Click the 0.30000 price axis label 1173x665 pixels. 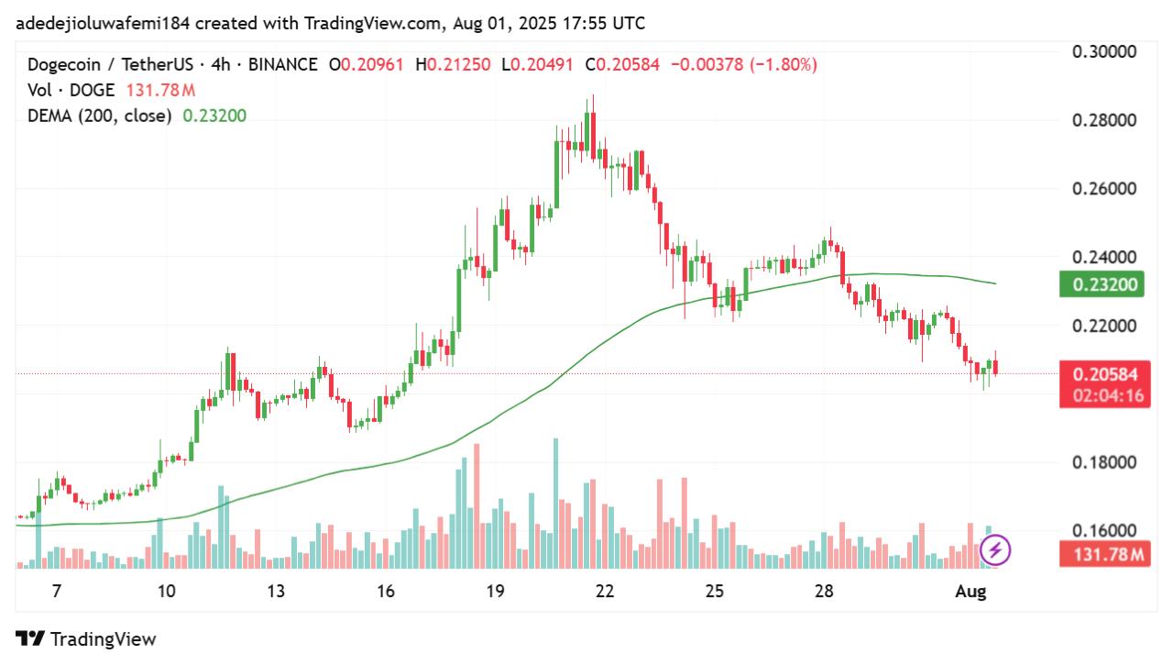coord(1104,51)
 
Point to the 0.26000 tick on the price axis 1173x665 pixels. coord(1104,189)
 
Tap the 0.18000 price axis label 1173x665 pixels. coord(1104,462)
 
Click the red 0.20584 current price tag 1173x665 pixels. coord(1104,374)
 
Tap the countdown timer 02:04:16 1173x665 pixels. coord(1104,396)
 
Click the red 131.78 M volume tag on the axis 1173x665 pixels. coord(1104,554)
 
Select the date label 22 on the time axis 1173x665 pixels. coord(605,592)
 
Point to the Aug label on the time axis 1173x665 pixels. coord(970,592)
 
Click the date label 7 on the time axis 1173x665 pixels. coord(57,592)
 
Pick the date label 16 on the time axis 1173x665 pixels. coord(386,592)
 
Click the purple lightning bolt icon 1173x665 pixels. coord(995,550)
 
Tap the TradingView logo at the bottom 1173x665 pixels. coord(87,639)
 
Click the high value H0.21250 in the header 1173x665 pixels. coord(453,65)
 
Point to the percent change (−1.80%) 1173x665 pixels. coord(784,65)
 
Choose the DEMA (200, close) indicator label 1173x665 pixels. coord(100,116)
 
